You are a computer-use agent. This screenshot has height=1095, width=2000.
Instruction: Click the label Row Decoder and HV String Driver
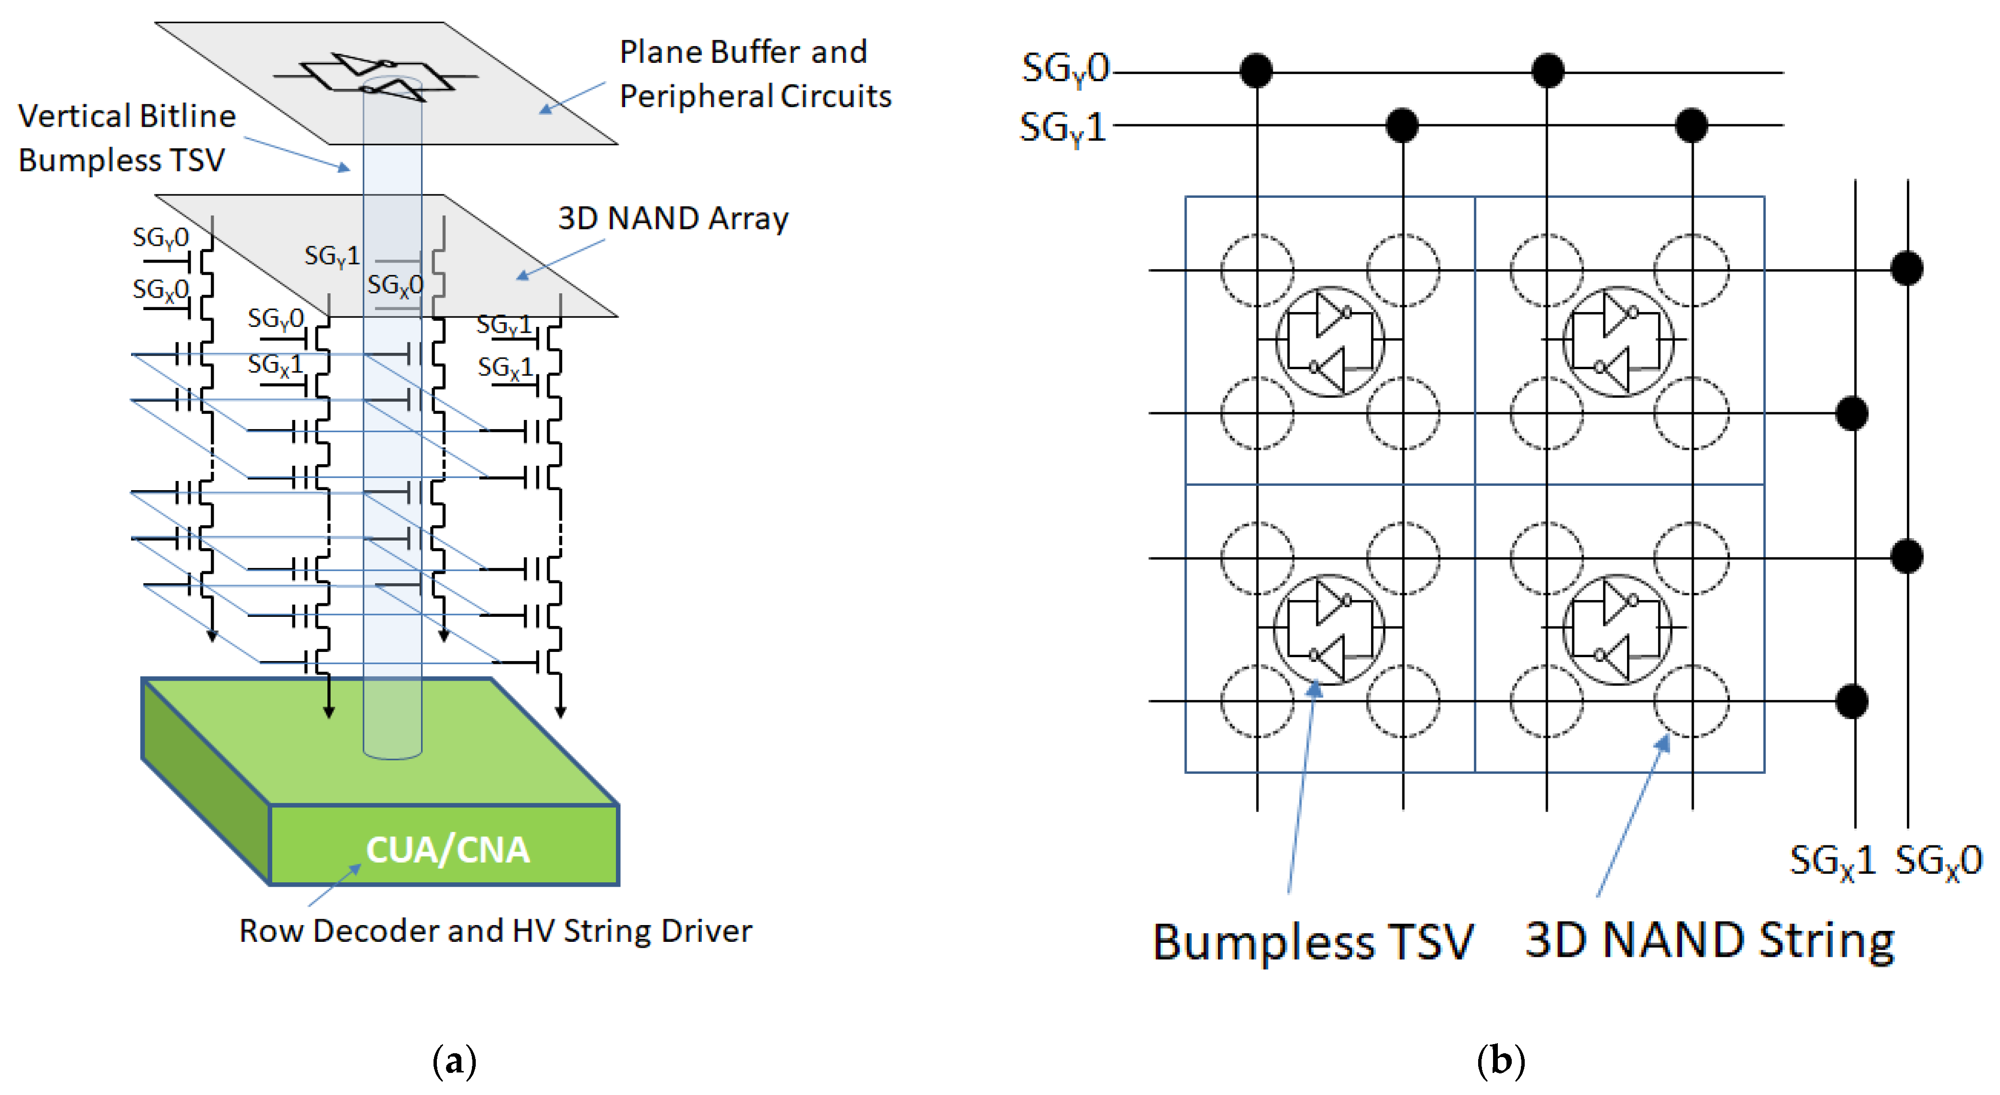[x=495, y=930]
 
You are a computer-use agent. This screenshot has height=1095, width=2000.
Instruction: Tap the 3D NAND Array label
[x=673, y=218]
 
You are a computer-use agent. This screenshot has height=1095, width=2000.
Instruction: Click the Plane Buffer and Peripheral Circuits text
[x=755, y=74]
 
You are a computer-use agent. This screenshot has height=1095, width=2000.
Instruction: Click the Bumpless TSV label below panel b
[x=1312, y=941]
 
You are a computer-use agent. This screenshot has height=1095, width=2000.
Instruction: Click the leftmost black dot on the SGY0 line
[x=1256, y=71]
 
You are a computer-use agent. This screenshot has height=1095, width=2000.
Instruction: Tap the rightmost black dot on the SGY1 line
[x=1691, y=125]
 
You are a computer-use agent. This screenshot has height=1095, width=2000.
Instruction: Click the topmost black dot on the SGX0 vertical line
[x=1907, y=269]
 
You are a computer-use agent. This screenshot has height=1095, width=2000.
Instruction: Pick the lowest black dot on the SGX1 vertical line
[x=1852, y=701]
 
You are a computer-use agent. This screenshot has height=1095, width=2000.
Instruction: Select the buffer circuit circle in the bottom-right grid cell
[x=1617, y=629]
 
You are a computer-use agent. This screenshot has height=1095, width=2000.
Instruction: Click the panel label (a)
[x=454, y=1061]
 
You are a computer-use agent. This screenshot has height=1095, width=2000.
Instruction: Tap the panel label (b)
[x=1500, y=1061]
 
